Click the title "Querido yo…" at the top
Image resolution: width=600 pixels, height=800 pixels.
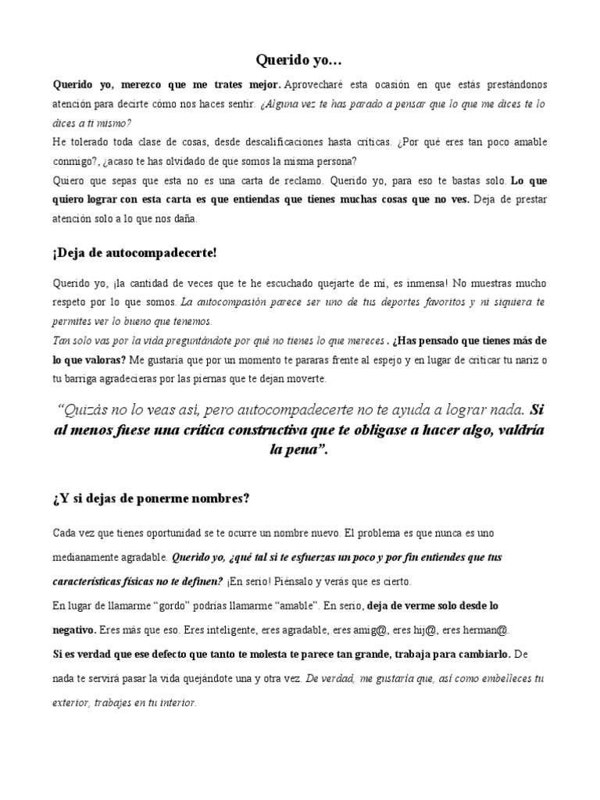(299, 59)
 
